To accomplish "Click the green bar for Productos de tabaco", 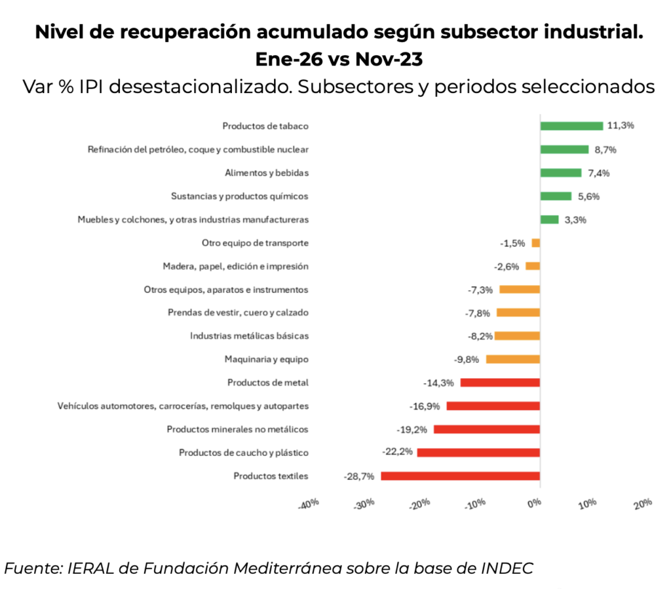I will point(571,126).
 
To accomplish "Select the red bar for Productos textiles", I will point(460,476).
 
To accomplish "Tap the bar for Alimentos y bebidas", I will point(560,173).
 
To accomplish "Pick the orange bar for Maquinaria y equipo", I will point(512,359).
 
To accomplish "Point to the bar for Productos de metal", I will point(500,383).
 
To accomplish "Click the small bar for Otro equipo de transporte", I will point(536,243).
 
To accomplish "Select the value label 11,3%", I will point(621,126).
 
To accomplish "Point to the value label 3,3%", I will point(575,219).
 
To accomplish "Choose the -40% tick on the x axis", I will point(308,504).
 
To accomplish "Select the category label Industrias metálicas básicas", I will point(249,336).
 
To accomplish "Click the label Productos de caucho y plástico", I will point(244,453).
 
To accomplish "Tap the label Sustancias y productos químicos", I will point(239,196).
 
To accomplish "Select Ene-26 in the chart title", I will point(289,59).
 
